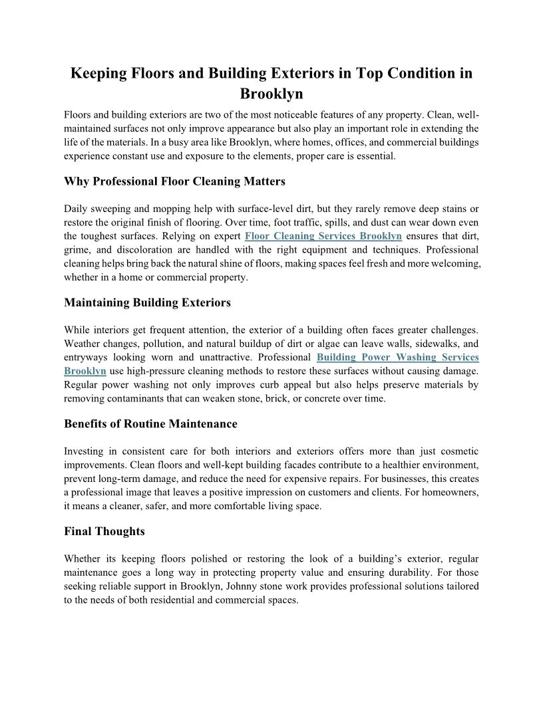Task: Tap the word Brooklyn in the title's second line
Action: (271, 93)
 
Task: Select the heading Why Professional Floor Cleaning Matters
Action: (174, 181)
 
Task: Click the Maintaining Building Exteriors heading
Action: (147, 302)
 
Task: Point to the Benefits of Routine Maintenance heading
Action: (150, 423)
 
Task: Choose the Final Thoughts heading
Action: (104, 531)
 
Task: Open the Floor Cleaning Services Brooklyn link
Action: (323, 236)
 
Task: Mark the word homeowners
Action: (447, 492)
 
